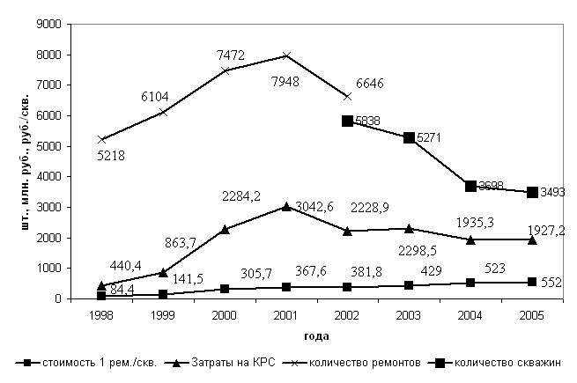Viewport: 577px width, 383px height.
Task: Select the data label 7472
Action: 231,55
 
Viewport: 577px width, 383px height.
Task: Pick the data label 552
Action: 551,283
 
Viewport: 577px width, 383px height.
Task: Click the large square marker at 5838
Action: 348,121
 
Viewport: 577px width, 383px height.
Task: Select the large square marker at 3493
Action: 533,192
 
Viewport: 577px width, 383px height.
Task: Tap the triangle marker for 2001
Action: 286,207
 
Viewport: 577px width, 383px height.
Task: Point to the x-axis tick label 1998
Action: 101,316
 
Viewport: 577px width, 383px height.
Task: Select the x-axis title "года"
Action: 317,335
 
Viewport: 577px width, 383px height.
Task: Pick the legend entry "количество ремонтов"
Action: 359,363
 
